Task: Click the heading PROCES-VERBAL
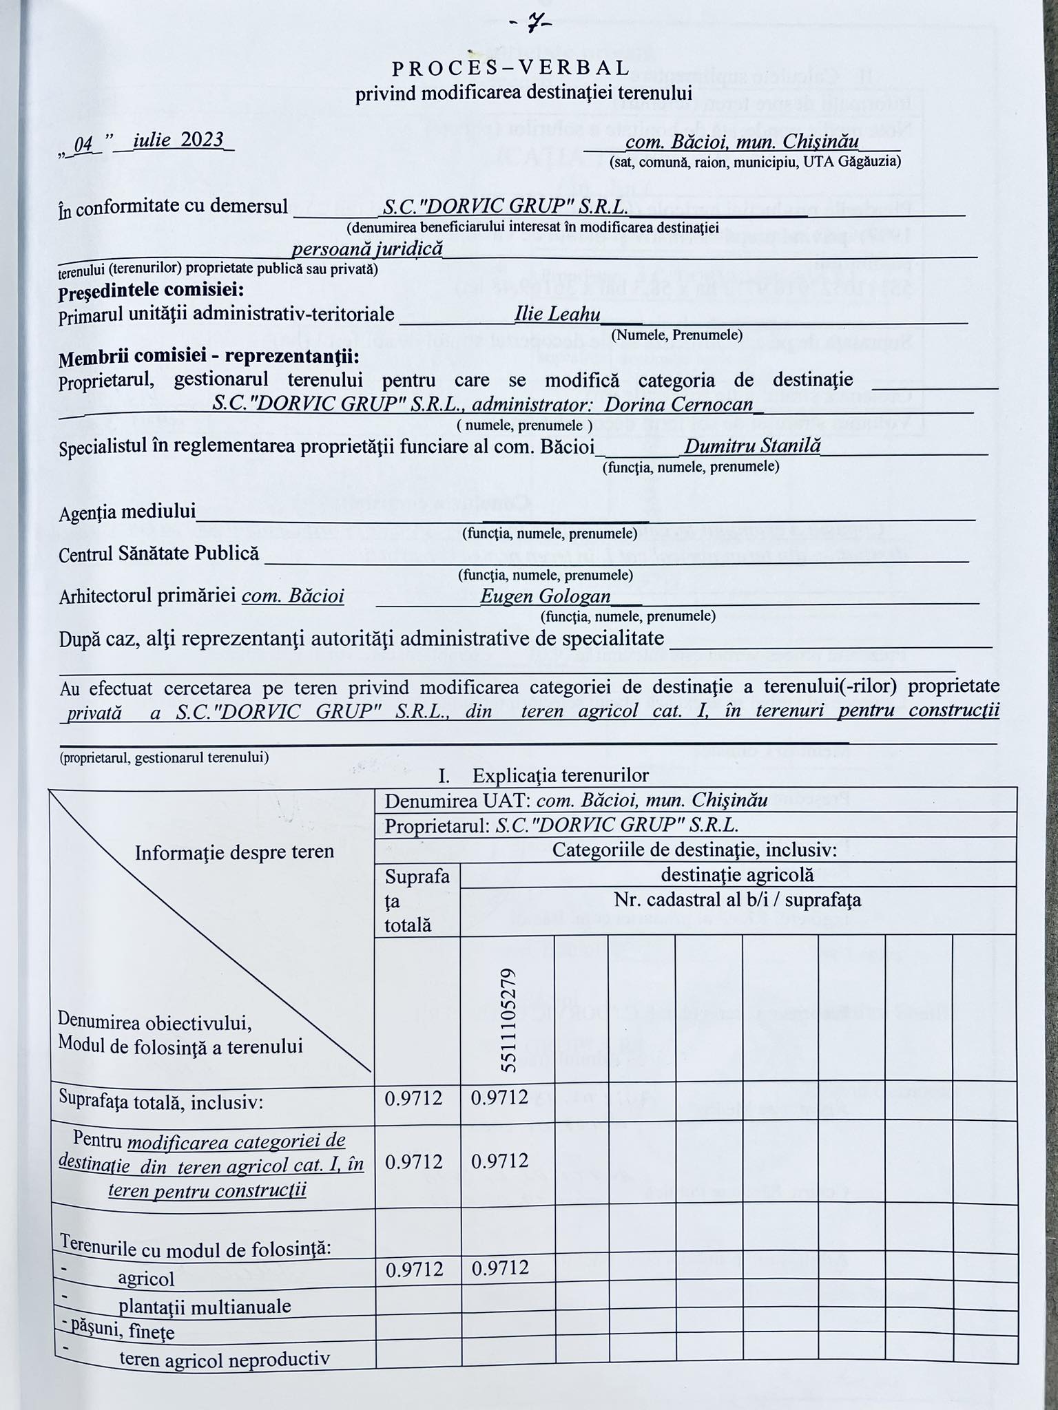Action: coord(510,68)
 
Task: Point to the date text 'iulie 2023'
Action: coord(178,140)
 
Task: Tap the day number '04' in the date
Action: coord(83,144)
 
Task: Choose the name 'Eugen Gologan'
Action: coord(546,596)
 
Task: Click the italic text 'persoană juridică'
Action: coord(367,249)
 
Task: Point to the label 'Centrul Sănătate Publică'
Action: coord(159,554)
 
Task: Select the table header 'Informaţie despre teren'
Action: coord(234,852)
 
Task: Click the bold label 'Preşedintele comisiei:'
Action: coord(151,291)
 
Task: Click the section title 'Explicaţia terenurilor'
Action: coord(561,776)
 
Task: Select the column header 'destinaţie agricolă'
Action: coord(737,875)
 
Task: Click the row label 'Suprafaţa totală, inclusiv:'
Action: coord(162,1102)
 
